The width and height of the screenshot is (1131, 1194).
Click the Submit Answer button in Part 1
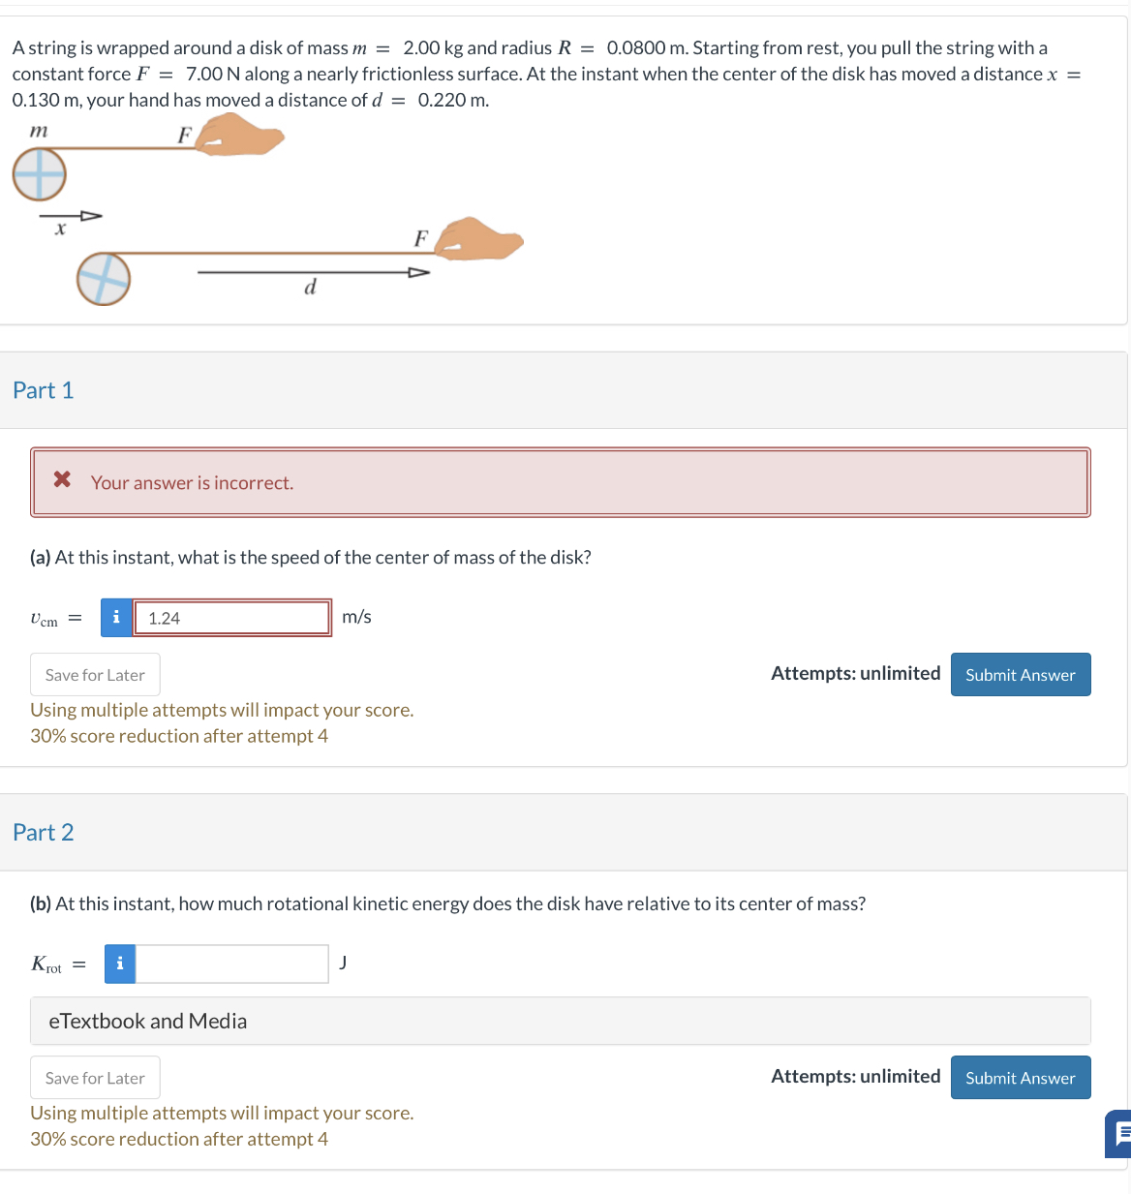pyautogui.click(x=1020, y=675)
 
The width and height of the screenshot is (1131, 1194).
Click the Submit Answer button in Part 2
pyautogui.click(x=1020, y=1078)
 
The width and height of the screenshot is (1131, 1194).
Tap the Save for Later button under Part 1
pyautogui.click(x=95, y=675)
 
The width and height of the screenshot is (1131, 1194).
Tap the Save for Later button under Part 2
pyautogui.click(x=95, y=1078)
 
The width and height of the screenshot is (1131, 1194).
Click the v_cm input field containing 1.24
pyautogui.click(x=231, y=618)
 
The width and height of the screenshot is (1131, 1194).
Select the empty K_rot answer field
pyautogui.click(x=231, y=964)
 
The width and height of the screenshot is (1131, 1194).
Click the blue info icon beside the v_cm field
pyautogui.click(x=116, y=618)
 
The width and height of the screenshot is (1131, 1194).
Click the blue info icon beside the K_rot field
pyautogui.click(x=120, y=964)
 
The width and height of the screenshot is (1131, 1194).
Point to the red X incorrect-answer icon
pyautogui.click(x=62, y=479)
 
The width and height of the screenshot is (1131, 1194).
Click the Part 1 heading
pyautogui.click(x=44, y=390)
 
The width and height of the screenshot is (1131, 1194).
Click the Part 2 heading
pyautogui.click(x=44, y=833)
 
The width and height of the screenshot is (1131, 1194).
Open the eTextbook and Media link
pyautogui.click(x=148, y=1021)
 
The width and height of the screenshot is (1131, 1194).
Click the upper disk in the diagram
pyautogui.click(x=39, y=175)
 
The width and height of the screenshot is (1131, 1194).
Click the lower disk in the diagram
pyautogui.click(x=104, y=279)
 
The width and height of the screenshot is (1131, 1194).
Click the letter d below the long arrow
pyautogui.click(x=310, y=288)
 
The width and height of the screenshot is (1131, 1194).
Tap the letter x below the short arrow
pyautogui.click(x=60, y=230)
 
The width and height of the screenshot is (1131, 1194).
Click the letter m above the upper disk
pyautogui.click(x=39, y=130)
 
